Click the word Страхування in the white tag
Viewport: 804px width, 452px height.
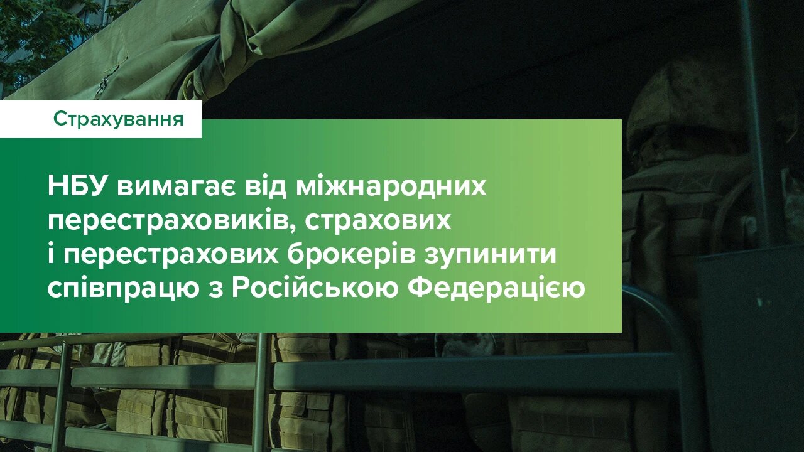click(119, 119)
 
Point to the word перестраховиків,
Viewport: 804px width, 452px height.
click(166, 221)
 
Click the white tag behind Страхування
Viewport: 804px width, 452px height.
click(25, 119)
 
